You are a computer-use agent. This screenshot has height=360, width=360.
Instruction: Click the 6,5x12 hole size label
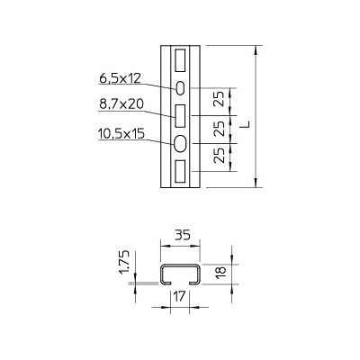click(x=120, y=78)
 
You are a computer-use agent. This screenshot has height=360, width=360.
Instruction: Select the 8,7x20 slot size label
click(x=121, y=104)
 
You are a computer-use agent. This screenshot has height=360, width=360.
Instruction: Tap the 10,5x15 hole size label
click(x=121, y=133)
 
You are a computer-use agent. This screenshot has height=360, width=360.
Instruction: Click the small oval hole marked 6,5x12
click(x=180, y=88)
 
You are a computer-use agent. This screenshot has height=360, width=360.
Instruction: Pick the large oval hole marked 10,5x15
click(x=180, y=144)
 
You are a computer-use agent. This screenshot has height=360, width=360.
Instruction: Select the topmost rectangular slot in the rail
click(x=180, y=60)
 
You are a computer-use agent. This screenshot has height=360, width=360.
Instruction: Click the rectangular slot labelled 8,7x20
click(x=180, y=115)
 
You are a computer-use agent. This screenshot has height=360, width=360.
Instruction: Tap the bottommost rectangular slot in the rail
click(x=180, y=171)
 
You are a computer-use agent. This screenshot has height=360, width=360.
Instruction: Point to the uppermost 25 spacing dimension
click(x=220, y=99)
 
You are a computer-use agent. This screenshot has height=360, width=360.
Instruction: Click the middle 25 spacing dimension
click(x=220, y=129)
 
